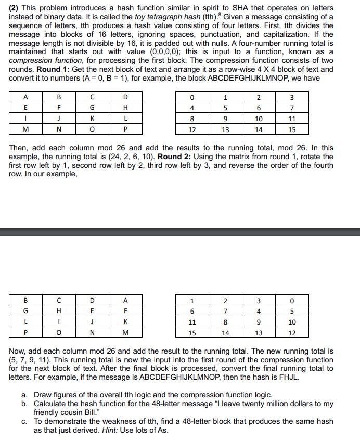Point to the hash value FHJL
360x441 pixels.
[x=290, y=377]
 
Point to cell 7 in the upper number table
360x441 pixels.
[x=292, y=108]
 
